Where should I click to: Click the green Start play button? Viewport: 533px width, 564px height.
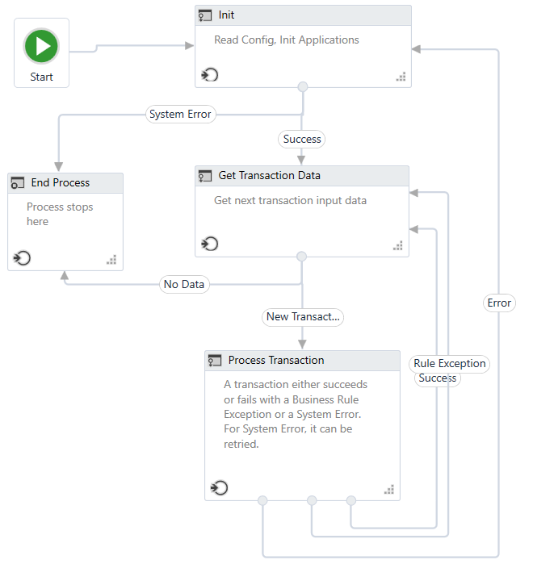[41, 46]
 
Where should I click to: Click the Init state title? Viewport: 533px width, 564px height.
[226, 15]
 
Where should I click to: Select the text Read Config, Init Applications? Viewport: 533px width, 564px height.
[286, 40]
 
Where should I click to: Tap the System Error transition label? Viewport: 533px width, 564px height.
[180, 115]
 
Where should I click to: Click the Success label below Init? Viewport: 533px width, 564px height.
[302, 140]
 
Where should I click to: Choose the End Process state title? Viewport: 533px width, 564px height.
[60, 183]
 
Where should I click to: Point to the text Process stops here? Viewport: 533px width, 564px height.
[59, 214]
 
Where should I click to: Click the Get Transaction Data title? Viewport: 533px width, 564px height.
[269, 176]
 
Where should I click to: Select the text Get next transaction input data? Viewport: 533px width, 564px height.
[290, 200]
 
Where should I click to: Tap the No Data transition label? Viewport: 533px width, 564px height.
[184, 284]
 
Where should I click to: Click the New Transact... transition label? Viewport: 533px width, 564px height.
[303, 317]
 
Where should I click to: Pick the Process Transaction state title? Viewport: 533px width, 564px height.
[275, 361]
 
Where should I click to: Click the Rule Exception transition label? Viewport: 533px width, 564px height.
[449, 364]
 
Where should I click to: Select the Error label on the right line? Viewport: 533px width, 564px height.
[499, 303]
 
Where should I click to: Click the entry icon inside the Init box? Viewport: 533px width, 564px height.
[210, 76]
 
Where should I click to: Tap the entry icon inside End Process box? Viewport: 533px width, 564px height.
[22, 258]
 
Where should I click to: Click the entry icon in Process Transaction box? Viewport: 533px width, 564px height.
[219, 488]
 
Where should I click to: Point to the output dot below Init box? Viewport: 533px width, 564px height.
[302, 87]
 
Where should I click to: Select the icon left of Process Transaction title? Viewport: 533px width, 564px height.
[215, 361]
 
